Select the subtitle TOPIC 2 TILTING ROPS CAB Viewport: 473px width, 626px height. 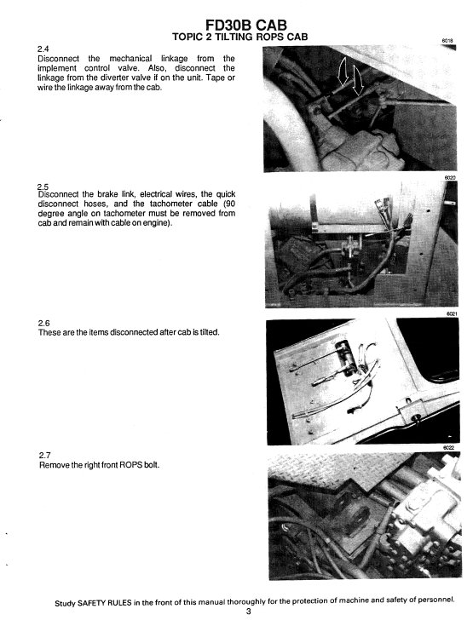point(240,36)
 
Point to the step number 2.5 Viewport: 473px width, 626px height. point(45,186)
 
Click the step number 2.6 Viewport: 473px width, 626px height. point(46,323)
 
